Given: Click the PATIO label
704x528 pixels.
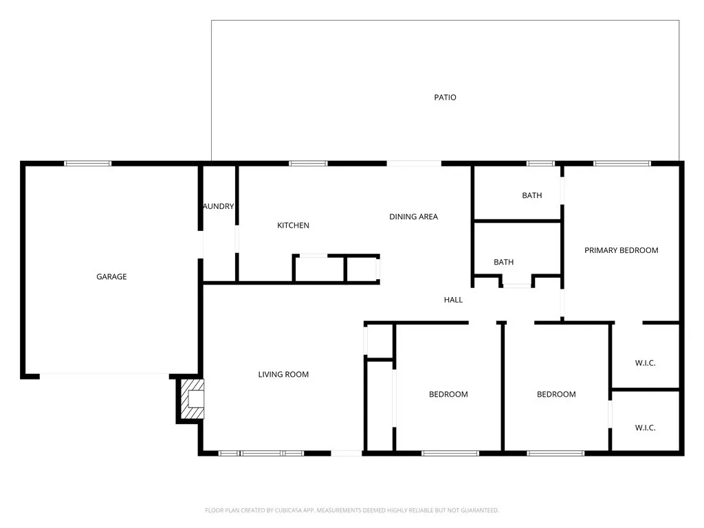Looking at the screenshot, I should point(445,98).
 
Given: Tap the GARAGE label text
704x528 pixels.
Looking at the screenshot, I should point(111,277).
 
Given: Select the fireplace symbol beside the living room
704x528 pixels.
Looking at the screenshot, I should point(192,399).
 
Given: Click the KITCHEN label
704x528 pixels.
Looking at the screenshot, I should point(293,225).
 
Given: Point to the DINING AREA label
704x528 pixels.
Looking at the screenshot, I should point(413,217).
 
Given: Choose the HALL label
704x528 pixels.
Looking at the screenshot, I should point(453,300).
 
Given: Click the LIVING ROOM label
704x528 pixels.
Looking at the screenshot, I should point(283,375).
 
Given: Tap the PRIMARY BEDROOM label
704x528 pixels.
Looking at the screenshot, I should point(621,250).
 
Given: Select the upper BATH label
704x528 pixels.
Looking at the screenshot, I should point(531,195).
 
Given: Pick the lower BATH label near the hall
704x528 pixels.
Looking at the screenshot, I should point(503,262).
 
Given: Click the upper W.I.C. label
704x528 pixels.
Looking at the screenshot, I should point(645,363).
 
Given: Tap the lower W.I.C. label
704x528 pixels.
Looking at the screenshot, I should point(645,428).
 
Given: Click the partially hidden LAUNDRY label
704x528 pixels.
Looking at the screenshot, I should point(219,206).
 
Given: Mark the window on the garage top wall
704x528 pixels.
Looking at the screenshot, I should point(88,164).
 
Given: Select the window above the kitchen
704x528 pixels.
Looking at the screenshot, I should point(307,164).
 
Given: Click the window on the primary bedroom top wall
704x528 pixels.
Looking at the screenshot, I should point(621,164).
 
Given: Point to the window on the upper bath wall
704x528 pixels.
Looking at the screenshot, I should point(540,164).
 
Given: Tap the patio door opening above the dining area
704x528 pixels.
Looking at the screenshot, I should point(414,164).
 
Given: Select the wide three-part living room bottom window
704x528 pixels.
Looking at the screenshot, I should point(261,453).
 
